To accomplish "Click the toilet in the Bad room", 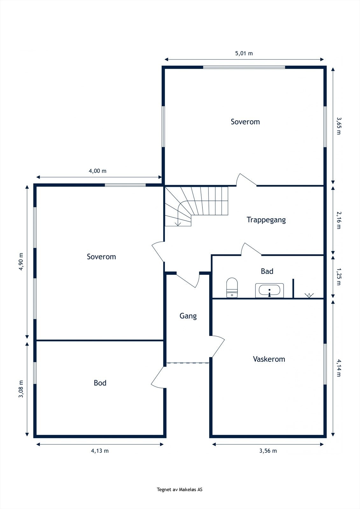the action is (x=232, y=288).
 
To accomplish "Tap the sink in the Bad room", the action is (x=270, y=290).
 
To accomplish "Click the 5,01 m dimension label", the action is (x=244, y=53).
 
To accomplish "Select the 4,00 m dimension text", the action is (x=98, y=171).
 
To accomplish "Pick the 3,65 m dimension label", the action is (x=339, y=126).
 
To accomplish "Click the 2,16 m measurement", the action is (x=339, y=220).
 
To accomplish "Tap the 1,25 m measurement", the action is (x=339, y=277).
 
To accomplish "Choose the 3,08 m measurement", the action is (x=21, y=389).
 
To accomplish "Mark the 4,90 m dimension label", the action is (x=21, y=261).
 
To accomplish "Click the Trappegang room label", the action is (x=266, y=220).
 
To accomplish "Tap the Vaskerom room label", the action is (x=269, y=359).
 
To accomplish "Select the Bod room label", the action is (x=100, y=383).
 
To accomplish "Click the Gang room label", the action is (x=188, y=316).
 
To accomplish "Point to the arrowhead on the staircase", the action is (x=178, y=224).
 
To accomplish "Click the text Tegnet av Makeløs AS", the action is (x=180, y=490).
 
